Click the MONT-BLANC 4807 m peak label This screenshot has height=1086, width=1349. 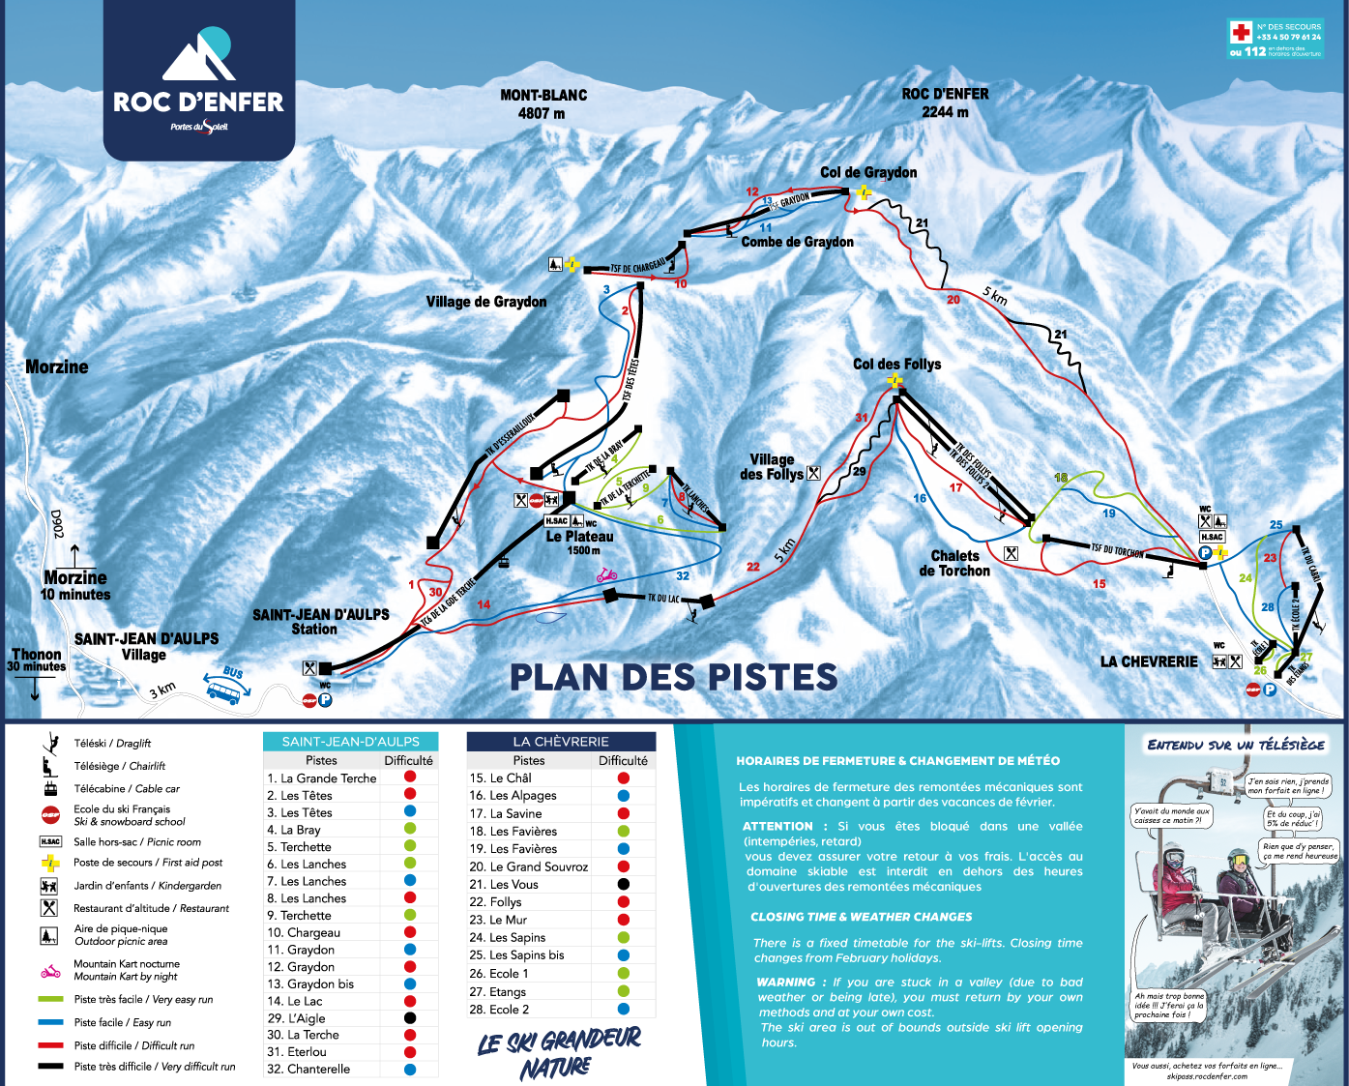coord(543,104)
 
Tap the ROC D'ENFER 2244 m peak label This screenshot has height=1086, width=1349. coord(945,103)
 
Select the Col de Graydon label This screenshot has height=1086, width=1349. coord(868,172)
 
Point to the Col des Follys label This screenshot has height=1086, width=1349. coord(896,364)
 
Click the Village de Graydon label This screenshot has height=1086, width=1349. coord(486,302)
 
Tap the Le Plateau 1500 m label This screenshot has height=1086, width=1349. coord(580,542)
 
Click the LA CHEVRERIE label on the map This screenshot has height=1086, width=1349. coord(1149,661)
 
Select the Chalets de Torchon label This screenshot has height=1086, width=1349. coord(954,563)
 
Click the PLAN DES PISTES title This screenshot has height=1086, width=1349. coord(673,677)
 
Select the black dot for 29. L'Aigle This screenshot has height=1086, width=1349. coord(410,1017)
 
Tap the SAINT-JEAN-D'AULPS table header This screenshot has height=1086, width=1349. coord(350,742)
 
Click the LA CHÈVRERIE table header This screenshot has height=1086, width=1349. coord(561,742)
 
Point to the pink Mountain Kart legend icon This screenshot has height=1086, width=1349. coord(50,970)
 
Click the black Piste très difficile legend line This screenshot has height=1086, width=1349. coord(50,1067)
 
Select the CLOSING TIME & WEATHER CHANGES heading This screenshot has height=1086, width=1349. coord(862,917)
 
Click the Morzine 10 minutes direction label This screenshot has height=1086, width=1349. coord(75,585)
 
